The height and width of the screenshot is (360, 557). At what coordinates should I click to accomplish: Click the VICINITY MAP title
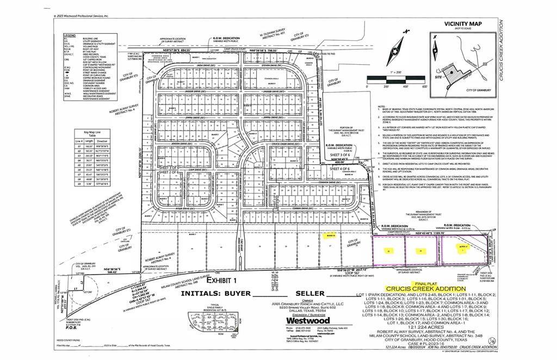463,23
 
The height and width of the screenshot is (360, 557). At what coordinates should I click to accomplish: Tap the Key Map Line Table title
86,134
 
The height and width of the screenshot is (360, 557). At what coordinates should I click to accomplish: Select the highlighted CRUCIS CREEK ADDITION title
425,289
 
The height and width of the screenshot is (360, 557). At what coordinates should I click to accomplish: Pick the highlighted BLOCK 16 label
330,235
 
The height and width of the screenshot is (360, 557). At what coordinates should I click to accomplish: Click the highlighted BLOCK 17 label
462,246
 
